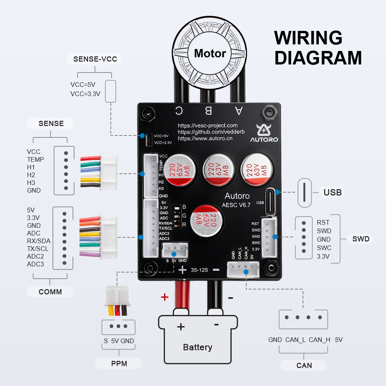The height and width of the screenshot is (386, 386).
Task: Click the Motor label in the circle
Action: [x=210, y=53]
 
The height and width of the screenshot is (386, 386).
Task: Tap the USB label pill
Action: [x=332, y=192]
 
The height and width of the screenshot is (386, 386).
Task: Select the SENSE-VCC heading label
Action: [x=95, y=59]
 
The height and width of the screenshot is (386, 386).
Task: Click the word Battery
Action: [x=198, y=347]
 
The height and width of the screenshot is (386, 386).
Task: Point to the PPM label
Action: [x=119, y=363]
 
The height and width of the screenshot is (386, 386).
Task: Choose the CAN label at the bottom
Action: [x=304, y=365]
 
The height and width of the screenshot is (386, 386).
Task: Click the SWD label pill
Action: [x=361, y=239]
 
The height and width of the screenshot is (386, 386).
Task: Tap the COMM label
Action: [x=50, y=291]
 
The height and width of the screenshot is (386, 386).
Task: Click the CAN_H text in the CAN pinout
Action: [x=320, y=340]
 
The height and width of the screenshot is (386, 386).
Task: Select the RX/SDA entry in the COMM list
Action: [x=39, y=241]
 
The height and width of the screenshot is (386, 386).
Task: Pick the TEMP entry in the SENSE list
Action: [x=35, y=159]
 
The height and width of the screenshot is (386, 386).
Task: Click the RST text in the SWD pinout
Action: [x=323, y=222]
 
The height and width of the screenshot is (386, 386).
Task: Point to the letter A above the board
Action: [x=239, y=111]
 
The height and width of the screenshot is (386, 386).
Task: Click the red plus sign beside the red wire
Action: [x=165, y=297]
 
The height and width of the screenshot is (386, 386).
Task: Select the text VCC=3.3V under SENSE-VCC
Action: [x=85, y=94]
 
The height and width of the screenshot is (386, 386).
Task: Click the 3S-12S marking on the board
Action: [x=199, y=270]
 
